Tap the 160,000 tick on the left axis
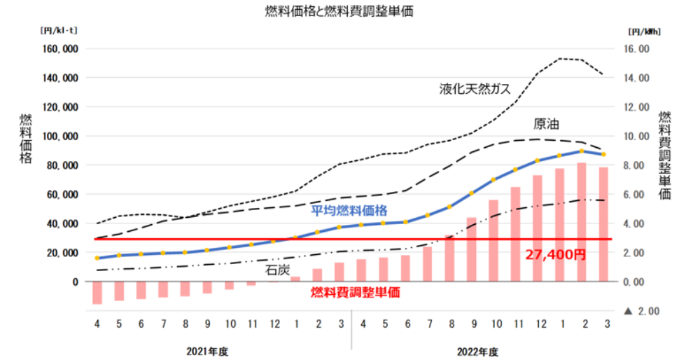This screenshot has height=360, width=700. pos(61,49)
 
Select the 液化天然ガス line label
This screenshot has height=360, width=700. pos(475,89)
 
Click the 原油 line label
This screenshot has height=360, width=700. pos(546,124)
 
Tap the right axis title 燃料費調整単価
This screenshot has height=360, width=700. pos(666,155)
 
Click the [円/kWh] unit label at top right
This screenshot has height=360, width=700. pos(645,31)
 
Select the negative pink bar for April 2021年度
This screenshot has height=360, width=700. pos(97,292)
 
